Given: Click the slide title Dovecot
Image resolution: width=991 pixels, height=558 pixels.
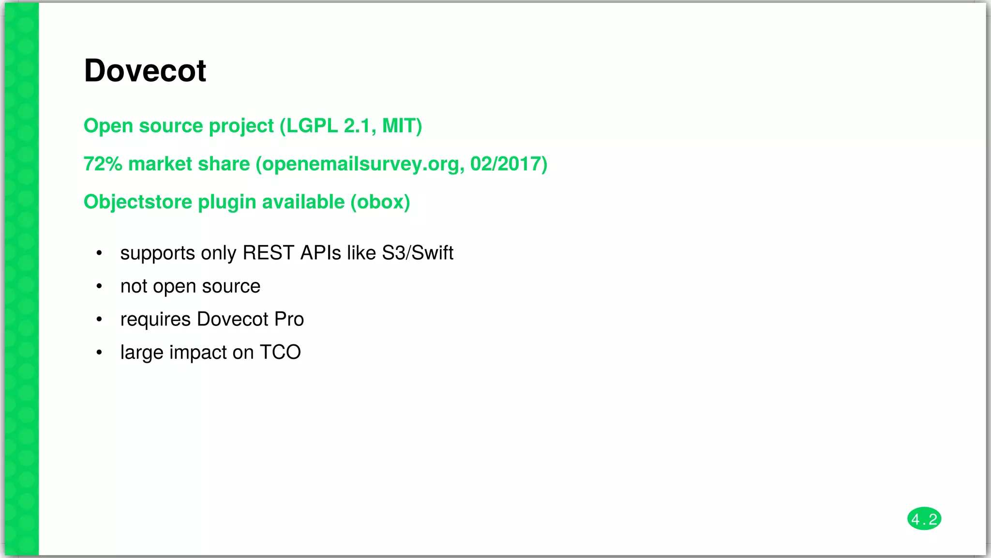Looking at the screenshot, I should pyautogui.click(x=145, y=71).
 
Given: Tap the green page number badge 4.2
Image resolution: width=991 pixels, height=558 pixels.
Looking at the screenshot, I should pyautogui.click(x=924, y=519).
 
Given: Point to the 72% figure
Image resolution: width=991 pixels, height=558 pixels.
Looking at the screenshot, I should pyautogui.click(x=103, y=164).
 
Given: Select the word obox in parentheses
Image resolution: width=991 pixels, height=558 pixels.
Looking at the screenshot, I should pyautogui.click(x=380, y=202).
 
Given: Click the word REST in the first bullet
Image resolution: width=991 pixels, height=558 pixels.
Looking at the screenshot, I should pyautogui.click(x=268, y=253).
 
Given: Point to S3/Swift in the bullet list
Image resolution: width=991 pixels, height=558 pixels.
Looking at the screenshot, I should pyautogui.click(x=418, y=253).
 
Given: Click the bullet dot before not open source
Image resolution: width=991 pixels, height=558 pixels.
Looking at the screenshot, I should pyautogui.click(x=99, y=286).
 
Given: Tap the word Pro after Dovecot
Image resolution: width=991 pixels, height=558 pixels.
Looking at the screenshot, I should pyautogui.click(x=289, y=319).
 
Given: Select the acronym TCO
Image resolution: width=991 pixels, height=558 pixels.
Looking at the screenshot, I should pyautogui.click(x=280, y=352).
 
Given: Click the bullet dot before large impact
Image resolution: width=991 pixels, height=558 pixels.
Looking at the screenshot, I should pyautogui.click(x=99, y=352).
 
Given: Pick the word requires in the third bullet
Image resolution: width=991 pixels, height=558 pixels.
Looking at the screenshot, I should pyautogui.click(x=155, y=320).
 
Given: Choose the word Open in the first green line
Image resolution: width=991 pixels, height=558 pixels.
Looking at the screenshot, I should pyautogui.click(x=108, y=126).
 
